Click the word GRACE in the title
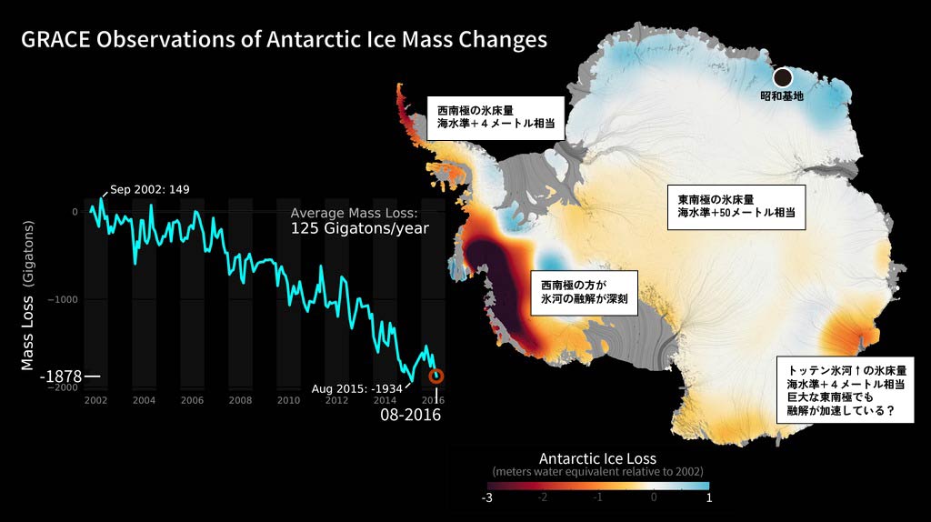pos(55,39)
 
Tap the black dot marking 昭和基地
pos(783,77)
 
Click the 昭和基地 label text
pos(782,95)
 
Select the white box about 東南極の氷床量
pos(736,207)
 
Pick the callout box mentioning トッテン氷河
pos(845,390)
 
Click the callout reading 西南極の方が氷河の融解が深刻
pos(585,293)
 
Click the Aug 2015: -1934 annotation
pos(356,389)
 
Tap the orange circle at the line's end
pos(436,376)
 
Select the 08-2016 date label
pos(410,414)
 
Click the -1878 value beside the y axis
pos(61,376)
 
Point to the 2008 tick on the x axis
pos(240,400)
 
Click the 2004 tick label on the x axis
pos(144,400)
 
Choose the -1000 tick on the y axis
pos(63,299)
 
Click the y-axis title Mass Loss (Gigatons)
pos(27,296)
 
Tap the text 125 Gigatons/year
pos(360,228)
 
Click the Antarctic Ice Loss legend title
pos(597,458)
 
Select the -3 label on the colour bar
pos(487,497)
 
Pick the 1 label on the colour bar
pos(709,497)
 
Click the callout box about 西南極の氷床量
pos(496,118)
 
